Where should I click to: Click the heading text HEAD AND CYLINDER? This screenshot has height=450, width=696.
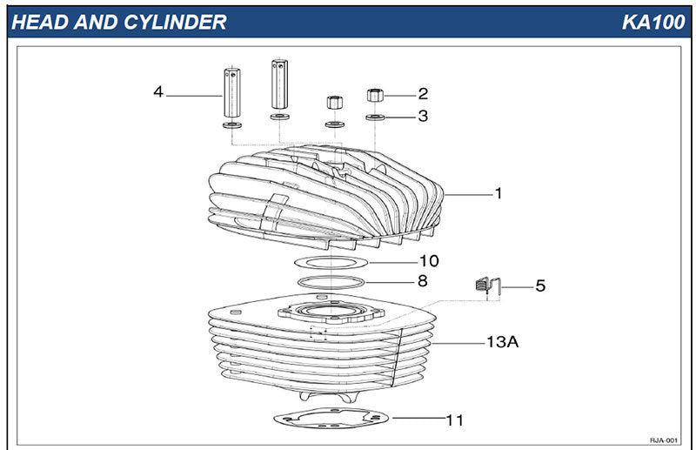[x=118, y=22]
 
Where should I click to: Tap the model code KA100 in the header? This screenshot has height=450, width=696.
[x=652, y=22]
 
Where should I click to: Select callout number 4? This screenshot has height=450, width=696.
[x=158, y=91]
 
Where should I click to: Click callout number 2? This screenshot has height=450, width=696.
[x=423, y=93]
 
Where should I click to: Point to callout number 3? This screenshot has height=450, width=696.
[x=423, y=116]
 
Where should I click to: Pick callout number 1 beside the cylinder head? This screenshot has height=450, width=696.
[x=499, y=193]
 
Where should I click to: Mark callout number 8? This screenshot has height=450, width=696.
[x=423, y=281]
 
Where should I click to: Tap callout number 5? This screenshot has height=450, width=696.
[x=540, y=285]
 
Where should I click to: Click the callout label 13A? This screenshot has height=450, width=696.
[x=502, y=342]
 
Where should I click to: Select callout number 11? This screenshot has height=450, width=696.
[x=454, y=420]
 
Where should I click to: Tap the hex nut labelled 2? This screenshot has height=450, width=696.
[x=374, y=94]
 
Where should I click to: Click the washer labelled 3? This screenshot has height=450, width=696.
[x=374, y=116]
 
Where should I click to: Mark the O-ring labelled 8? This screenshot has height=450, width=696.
[x=331, y=281]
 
